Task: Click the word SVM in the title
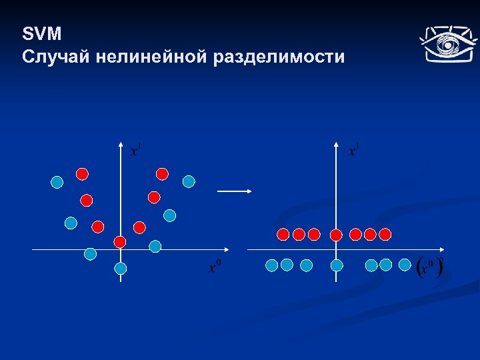click(x=41, y=34)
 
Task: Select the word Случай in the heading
click(x=55, y=57)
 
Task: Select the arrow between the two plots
click(x=234, y=191)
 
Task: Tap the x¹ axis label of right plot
click(x=353, y=150)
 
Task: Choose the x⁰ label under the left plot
click(x=215, y=267)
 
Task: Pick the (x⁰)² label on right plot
click(x=429, y=267)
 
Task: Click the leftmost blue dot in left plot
click(x=57, y=181)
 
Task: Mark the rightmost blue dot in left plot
click(x=189, y=181)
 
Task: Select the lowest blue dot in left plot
click(x=120, y=268)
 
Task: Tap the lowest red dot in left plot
click(x=120, y=241)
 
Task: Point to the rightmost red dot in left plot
click(x=162, y=174)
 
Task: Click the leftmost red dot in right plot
click(x=283, y=234)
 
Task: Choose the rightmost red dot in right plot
click(x=385, y=234)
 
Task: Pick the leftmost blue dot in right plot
click(x=271, y=265)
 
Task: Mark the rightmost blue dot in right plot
click(x=404, y=265)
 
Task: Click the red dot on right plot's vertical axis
click(x=336, y=235)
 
